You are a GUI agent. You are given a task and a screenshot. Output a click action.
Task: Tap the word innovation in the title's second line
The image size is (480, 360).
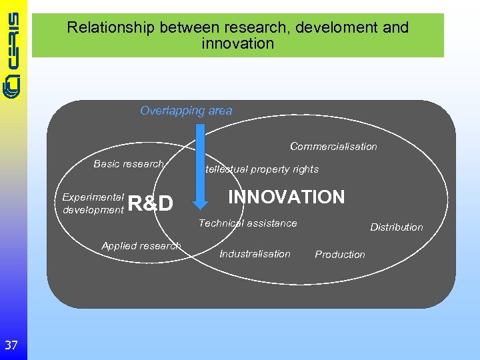pyautogui.click(x=237, y=44)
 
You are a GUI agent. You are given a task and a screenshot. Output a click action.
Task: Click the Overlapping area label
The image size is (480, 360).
pyautogui.click(x=186, y=111)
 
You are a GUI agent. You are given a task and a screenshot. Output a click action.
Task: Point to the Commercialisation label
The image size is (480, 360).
pyautogui.click(x=333, y=147)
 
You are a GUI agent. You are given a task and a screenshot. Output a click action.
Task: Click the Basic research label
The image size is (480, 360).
pyautogui.click(x=128, y=164)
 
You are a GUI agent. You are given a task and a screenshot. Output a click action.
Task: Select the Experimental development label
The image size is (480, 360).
pyautogui.click(x=93, y=203)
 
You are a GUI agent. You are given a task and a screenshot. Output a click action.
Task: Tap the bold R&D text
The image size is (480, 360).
pyautogui.click(x=150, y=203)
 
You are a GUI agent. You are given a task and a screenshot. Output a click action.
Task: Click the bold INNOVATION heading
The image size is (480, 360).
pyautogui.click(x=286, y=197)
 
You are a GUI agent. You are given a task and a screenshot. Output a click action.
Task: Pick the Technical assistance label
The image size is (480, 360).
pyautogui.click(x=247, y=223)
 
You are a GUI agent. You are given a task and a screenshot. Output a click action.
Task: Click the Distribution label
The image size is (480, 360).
pyautogui.click(x=396, y=227)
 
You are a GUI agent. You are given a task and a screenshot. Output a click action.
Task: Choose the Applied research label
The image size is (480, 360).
pyautogui.click(x=141, y=246)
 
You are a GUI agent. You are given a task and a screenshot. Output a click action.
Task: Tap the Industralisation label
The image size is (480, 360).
pyautogui.click(x=255, y=254)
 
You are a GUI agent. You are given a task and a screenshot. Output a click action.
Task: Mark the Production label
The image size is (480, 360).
pyautogui.click(x=340, y=255)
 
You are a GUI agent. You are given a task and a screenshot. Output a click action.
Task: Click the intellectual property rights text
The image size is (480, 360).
pyautogui.click(x=261, y=169)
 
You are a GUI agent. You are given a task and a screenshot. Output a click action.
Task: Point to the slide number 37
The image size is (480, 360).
pyautogui.click(x=11, y=345)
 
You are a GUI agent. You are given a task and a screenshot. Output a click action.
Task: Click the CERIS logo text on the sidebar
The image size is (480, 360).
pyautogui.click(x=13, y=50)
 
